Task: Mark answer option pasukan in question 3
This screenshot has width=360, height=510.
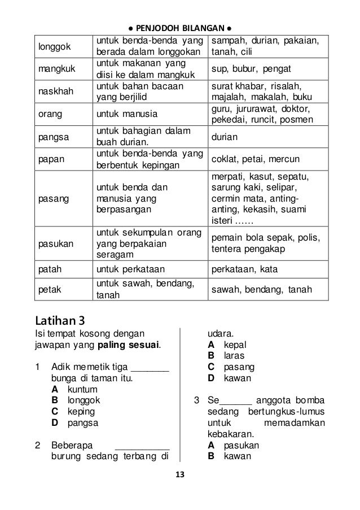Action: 242,446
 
